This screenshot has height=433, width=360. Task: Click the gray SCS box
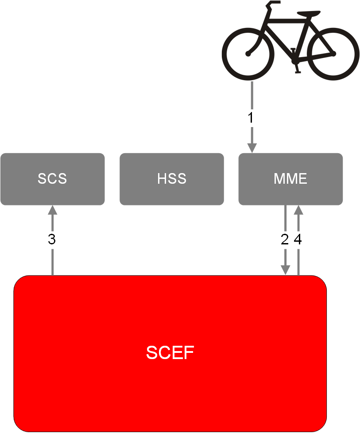(53, 179)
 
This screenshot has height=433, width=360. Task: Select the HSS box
(171, 179)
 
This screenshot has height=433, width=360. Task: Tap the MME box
(290, 179)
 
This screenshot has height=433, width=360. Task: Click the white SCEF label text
(170, 352)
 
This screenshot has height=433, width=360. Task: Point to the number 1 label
(251, 118)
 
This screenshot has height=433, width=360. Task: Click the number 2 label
(285, 239)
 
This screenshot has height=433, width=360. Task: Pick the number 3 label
(52, 239)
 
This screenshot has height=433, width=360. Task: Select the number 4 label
(298, 239)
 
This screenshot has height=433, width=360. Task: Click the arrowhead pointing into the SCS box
(53, 210)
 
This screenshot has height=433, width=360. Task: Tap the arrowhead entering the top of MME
(252, 148)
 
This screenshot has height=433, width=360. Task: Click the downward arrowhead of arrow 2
(286, 270)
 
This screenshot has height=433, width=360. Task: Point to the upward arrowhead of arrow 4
(298, 210)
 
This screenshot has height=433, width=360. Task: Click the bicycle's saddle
(309, 13)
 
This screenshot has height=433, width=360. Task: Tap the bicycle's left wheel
(248, 54)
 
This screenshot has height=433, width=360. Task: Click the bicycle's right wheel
(333, 54)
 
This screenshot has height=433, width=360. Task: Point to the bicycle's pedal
(298, 72)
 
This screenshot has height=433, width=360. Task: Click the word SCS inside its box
(52, 179)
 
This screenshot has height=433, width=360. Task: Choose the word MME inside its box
(290, 179)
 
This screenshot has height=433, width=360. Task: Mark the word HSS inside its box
(171, 179)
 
